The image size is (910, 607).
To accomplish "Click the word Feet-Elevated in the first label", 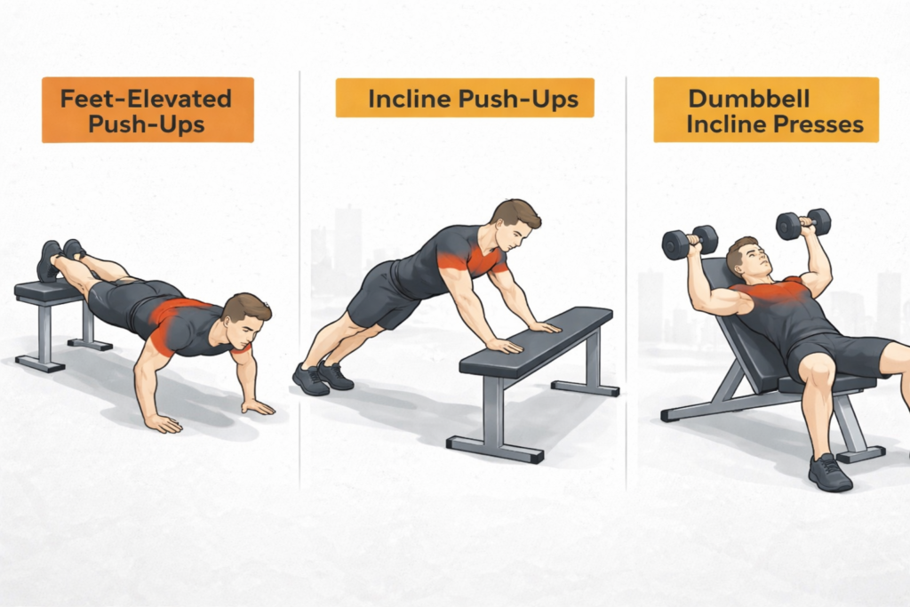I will coord(147,98).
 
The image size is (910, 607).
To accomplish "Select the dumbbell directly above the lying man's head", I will coord(802,223).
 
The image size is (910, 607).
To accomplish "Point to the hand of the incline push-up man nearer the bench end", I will coord(543,327).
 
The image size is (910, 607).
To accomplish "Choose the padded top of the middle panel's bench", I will coord(533,341).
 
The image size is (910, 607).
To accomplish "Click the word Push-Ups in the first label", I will coord(147,123).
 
